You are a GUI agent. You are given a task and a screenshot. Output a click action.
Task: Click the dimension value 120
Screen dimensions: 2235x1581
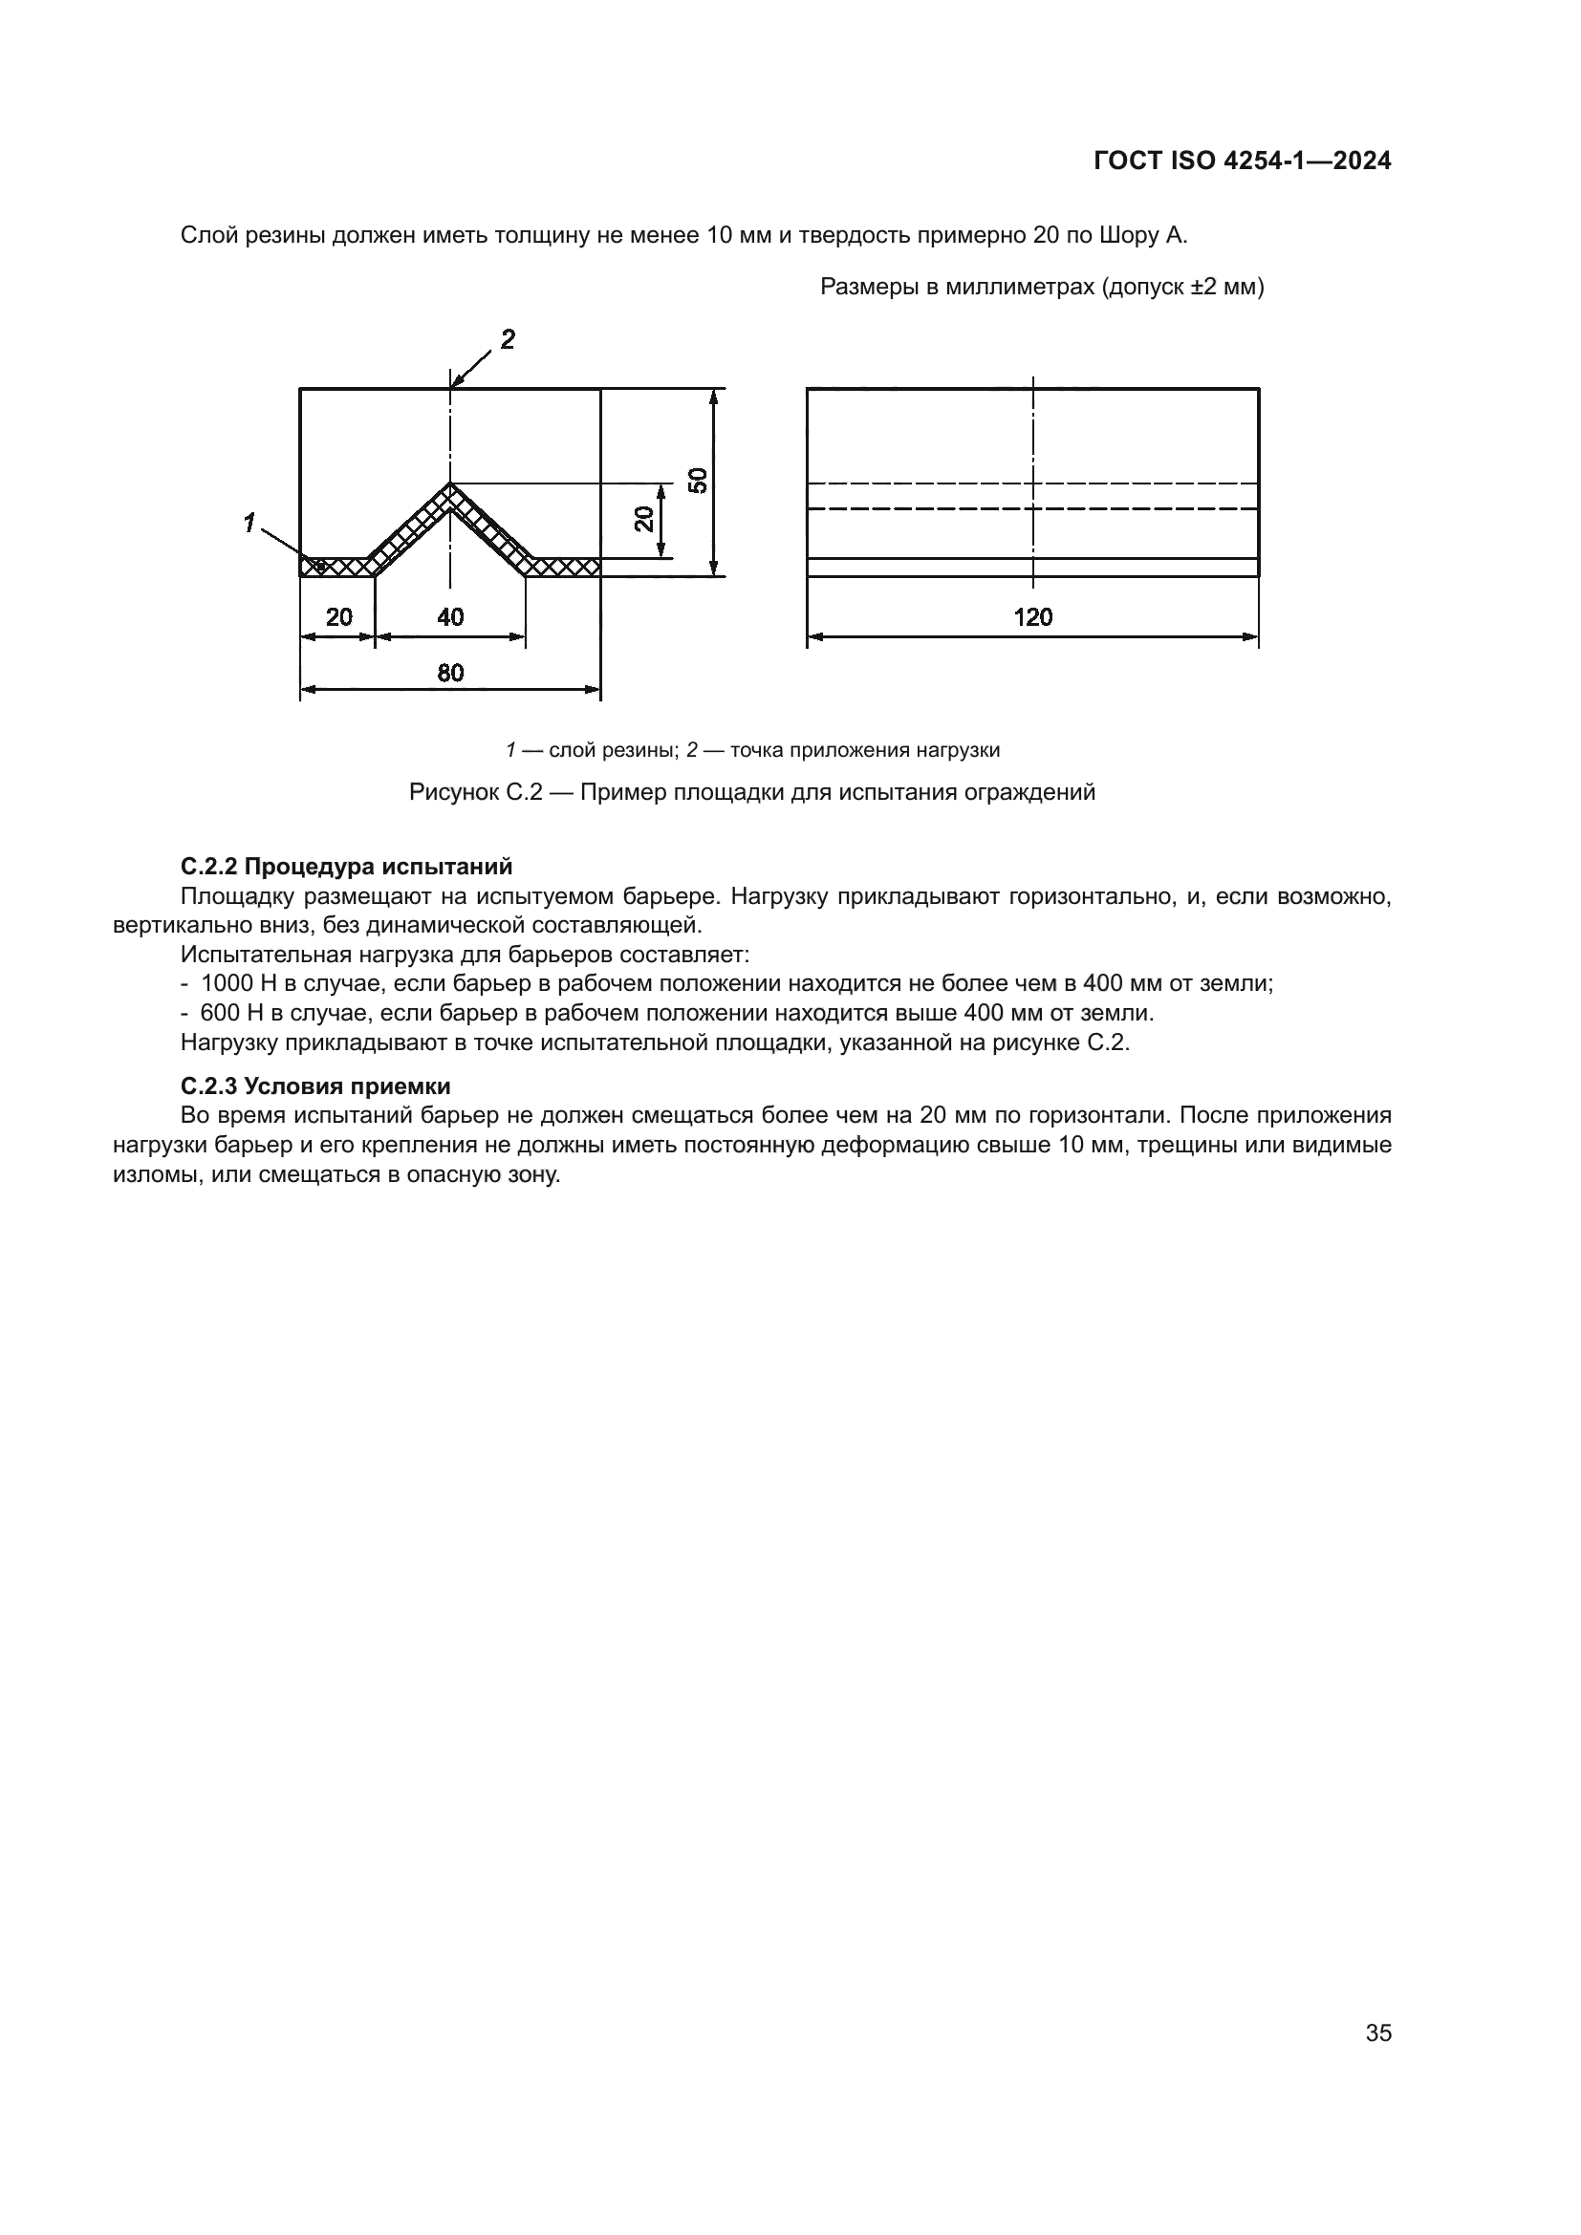(x=1032, y=617)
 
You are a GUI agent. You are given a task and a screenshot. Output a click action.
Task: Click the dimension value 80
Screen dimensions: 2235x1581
(x=450, y=673)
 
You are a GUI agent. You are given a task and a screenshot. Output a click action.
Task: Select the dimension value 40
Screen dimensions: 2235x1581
(x=450, y=617)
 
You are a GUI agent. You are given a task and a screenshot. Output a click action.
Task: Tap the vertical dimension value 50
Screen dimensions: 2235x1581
(x=698, y=481)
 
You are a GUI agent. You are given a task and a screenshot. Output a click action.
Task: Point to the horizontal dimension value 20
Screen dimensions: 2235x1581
(x=338, y=617)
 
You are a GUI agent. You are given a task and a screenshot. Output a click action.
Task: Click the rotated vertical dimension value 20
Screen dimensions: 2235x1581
(x=644, y=520)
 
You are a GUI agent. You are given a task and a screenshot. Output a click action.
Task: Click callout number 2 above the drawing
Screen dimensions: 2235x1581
(x=508, y=340)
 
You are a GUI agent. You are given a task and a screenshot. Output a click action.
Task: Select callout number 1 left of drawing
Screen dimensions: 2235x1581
(x=249, y=524)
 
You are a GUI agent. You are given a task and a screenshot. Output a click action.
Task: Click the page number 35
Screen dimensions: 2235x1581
(x=1378, y=2032)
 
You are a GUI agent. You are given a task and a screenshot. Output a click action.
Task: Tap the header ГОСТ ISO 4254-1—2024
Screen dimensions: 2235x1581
(x=1243, y=161)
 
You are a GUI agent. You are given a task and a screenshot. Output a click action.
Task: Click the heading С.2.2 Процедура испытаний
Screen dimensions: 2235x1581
(x=347, y=867)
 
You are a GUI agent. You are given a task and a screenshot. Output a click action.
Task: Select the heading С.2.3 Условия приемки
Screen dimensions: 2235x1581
(x=315, y=1086)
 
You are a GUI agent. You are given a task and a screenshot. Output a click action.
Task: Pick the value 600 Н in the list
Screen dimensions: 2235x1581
(x=231, y=1013)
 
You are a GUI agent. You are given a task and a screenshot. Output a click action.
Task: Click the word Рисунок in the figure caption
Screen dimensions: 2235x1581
(x=453, y=792)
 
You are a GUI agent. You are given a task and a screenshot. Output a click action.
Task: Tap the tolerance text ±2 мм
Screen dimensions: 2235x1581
(x=1223, y=288)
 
